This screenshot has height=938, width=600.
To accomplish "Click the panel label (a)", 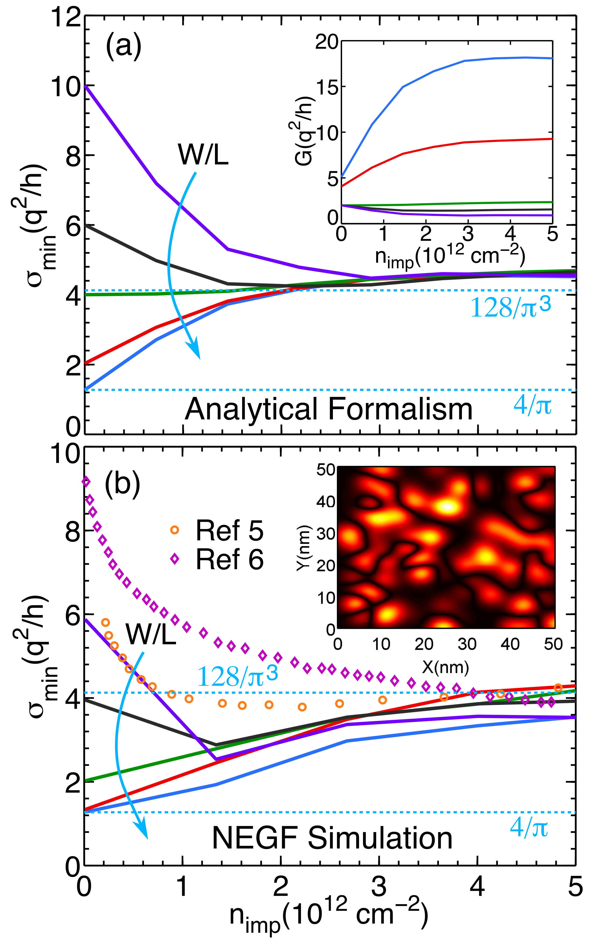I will [x=123, y=47].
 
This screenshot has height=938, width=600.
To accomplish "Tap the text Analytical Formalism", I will [x=328, y=409].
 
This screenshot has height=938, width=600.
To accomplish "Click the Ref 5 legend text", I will [x=229, y=530].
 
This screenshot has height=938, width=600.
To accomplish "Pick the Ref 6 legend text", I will [x=229, y=559].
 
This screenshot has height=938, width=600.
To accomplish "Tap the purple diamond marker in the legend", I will [x=175, y=559].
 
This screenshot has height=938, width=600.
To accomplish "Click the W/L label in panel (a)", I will [x=203, y=155].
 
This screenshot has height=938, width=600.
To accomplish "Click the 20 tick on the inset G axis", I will [x=326, y=41].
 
